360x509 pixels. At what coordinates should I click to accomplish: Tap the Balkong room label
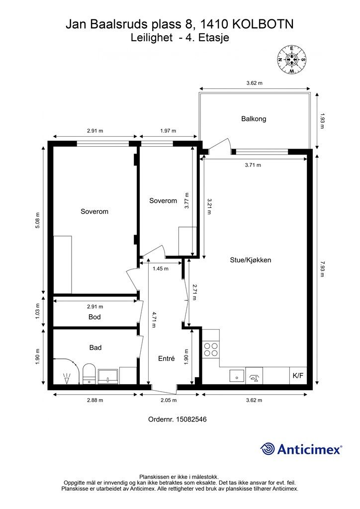click(x=254, y=119)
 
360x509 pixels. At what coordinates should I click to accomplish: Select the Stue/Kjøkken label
click(x=250, y=260)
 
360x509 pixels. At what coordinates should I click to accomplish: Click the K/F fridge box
click(x=298, y=376)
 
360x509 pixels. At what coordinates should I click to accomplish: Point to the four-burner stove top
click(x=211, y=349)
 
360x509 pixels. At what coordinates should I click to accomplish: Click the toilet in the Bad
click(x=89, y=374)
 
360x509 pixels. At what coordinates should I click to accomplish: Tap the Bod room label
click(x=94, y=317)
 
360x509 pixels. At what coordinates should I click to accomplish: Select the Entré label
click(x=166, y=358)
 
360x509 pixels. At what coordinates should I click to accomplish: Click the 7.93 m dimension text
click(x=322, y=269)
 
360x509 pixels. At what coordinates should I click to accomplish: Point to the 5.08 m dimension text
click(x=38, y=220)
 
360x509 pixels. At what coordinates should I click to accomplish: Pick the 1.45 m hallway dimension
click(x=161, y=268)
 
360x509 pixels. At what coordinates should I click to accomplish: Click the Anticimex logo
click(x=301, y=449)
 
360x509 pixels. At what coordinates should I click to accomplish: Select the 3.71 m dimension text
click(x=253, y=165)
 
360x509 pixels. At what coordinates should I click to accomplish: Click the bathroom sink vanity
click(x=108, y=377)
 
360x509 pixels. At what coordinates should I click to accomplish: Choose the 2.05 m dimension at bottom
click(x=169, y=400)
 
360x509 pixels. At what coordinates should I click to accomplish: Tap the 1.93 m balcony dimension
click(x=322, y=121)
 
